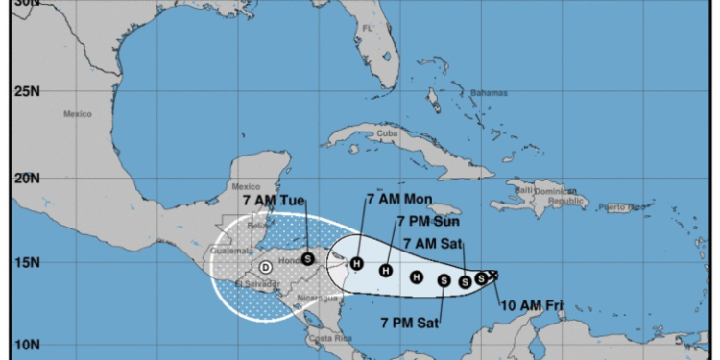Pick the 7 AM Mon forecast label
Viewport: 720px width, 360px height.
point(399,200)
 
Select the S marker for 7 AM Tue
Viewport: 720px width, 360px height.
point(307,258)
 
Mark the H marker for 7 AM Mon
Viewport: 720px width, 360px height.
point(357,264)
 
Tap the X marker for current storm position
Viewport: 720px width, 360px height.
point(493,276)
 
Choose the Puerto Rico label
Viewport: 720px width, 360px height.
point(625,207)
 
